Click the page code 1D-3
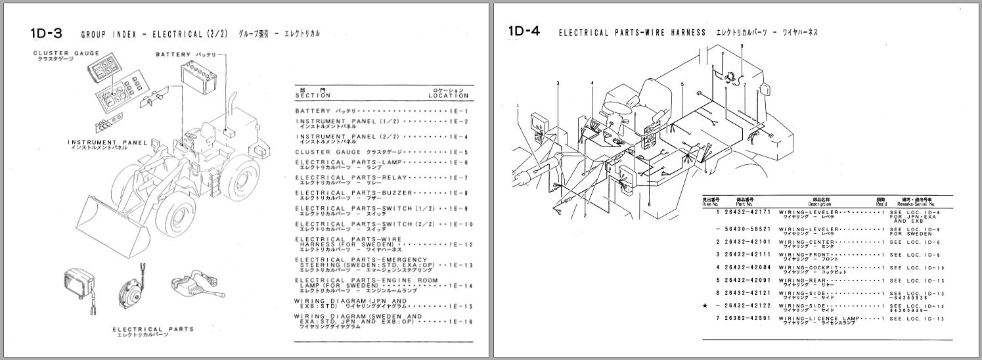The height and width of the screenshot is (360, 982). pyautogui.click(x=47, y=33)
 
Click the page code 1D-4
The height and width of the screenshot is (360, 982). pyautogui.click(x=524, y=32)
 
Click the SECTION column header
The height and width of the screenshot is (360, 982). pyautogui.click(x=313, y=95)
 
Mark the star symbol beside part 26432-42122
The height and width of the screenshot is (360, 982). pyautogui.click(x=705, y=306)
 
